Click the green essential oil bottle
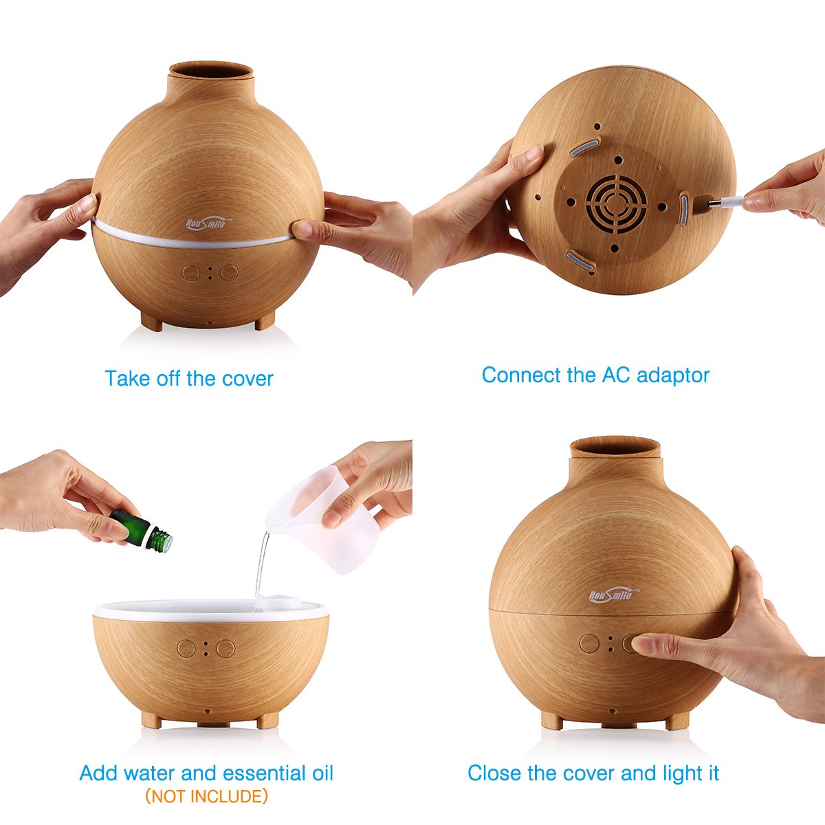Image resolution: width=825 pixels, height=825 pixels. pos(140,529)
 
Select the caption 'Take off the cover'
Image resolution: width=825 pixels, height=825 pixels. pos(189,378)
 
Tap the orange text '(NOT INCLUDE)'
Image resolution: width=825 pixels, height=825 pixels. pos(206,796)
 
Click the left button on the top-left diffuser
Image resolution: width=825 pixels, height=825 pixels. pos(190,272)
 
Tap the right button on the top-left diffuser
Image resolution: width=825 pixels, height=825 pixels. pos(229,272)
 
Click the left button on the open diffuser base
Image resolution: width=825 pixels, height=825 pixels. pos(186,648)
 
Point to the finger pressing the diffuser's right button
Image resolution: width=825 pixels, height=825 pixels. pos(643,645)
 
